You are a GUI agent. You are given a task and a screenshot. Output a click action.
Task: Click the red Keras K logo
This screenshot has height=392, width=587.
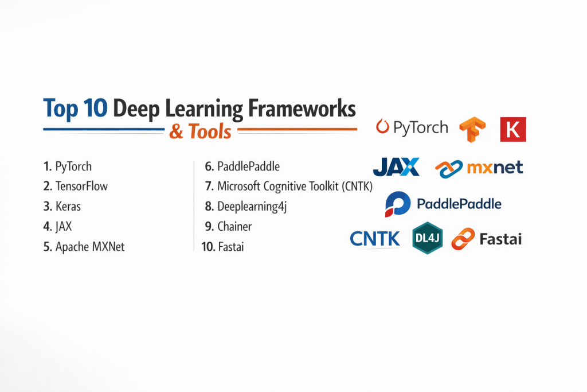[x=513, y=129]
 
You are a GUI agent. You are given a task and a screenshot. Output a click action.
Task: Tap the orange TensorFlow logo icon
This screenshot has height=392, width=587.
[x=472, y=129]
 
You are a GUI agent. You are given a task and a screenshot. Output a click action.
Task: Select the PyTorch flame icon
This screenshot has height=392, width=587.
[x=382, y=126]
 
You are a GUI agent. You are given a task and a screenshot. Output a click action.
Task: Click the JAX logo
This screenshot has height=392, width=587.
[x=396, y=167]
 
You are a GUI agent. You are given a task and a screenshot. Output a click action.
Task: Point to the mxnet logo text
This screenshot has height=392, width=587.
[x=495, y=167]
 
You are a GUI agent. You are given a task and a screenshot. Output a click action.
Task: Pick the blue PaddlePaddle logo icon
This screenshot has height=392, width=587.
[x=398, y=204]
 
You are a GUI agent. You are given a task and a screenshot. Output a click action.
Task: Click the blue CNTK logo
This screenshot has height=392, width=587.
[x=375, y=239]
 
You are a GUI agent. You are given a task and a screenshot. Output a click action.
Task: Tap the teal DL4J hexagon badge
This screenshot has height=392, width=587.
[x=427, y=238]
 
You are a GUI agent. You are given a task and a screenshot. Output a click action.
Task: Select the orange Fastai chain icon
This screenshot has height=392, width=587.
[x=463, y=239]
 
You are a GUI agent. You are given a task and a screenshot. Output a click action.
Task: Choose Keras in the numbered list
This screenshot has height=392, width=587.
[x=68, y=207]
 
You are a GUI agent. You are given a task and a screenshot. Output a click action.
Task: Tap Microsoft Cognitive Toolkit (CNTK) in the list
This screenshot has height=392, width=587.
[x=295, y=187]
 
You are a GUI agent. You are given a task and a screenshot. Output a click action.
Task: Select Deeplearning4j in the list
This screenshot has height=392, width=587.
[x=252, y=207]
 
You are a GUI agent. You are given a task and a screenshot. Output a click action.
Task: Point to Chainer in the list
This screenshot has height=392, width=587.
[x=234, y=226]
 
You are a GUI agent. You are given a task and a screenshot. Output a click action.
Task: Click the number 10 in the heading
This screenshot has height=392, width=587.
[x=96, y=108]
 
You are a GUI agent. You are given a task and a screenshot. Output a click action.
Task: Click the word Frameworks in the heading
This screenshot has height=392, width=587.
[x=302, y=108]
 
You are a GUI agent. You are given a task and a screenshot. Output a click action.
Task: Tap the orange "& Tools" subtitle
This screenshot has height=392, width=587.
[x=200, y=131]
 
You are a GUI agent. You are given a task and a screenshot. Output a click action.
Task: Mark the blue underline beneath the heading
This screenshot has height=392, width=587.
[x=104, y=129]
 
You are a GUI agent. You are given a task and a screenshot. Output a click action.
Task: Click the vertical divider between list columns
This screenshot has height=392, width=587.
[x=194, y=206]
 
